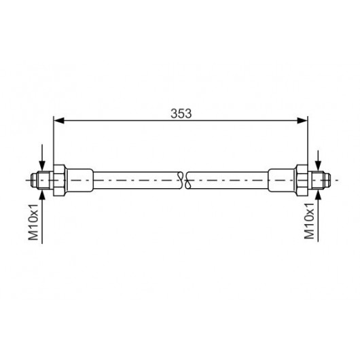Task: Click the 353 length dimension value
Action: click(x=181, y=113)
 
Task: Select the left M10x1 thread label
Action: click(x=33, y=222)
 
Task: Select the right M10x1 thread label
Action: click(x=309, y=221)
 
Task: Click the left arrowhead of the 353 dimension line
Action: click(x=59, y=120)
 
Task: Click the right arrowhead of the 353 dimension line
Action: click(x=302, y=120)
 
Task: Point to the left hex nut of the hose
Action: click(x=60, y=180)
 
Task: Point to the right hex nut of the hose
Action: click(x=302, y=180)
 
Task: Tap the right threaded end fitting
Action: click(x=319, y=180)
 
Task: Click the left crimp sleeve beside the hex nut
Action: click(x=80, y=180)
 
